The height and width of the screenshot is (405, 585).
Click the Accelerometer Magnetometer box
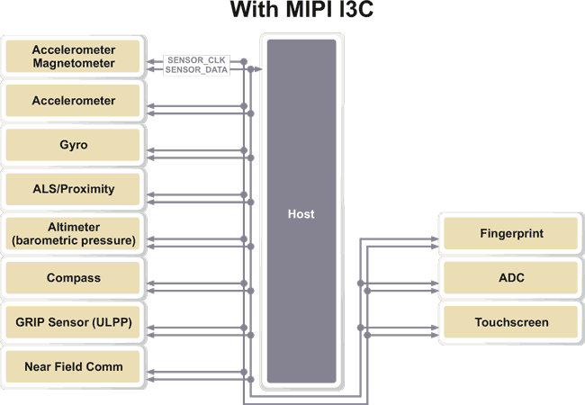coord(74,56)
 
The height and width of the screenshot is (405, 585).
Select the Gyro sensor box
coord(74,145)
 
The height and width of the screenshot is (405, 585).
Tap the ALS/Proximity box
coord(74,189)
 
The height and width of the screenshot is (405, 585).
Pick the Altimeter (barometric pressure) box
coord(74,234)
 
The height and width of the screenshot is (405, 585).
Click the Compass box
coord(74,278)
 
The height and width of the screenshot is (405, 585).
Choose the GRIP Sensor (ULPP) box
coord(74,322)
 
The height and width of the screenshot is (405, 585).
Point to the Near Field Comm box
coord(74,366)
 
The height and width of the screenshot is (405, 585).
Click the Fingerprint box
coord(511,234)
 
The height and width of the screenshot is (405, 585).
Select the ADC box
coord(511,278)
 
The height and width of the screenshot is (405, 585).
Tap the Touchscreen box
coord(511,322)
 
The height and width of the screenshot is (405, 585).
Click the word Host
coord(301,214)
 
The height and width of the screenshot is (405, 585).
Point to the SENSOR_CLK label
coord(196,60)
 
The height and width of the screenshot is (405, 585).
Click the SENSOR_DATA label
coord(196,69)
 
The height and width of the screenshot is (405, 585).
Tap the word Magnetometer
coord(74,63)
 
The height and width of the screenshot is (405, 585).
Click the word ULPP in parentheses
coord(112,322)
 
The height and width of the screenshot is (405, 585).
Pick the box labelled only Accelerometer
coord(74,101)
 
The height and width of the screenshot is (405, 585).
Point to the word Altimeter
coord(74,228)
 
